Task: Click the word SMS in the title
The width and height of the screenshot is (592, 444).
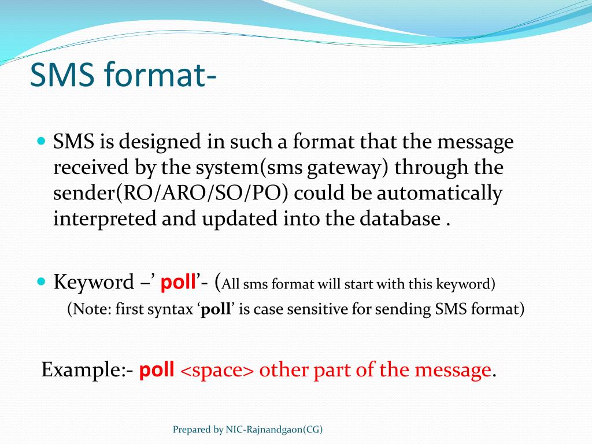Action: (x=62, y=76)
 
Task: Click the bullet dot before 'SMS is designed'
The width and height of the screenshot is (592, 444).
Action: (x=40, y=140)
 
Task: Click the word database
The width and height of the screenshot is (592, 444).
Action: (x=400, y=219)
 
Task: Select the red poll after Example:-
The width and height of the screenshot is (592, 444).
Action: (x=157, y=370)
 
